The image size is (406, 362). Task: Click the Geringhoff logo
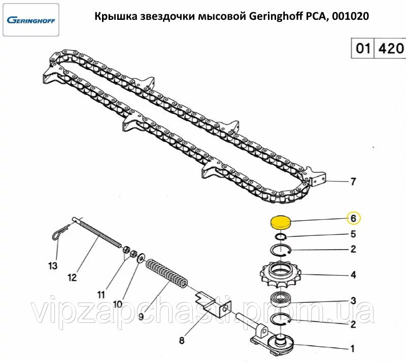(x=31, y=21)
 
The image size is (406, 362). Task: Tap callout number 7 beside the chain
(x=353, y=182)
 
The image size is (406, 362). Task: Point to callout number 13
(x=53, y=265)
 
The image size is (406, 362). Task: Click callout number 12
(x=72, y=278)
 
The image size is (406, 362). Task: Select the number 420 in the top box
(x=391, y=49)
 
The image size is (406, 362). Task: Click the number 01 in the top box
(x=362, y=49)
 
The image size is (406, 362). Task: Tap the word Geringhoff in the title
(x=275, y=17)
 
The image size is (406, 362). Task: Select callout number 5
(x=353, y=234)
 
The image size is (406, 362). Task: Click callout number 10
(x=117, y=305)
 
